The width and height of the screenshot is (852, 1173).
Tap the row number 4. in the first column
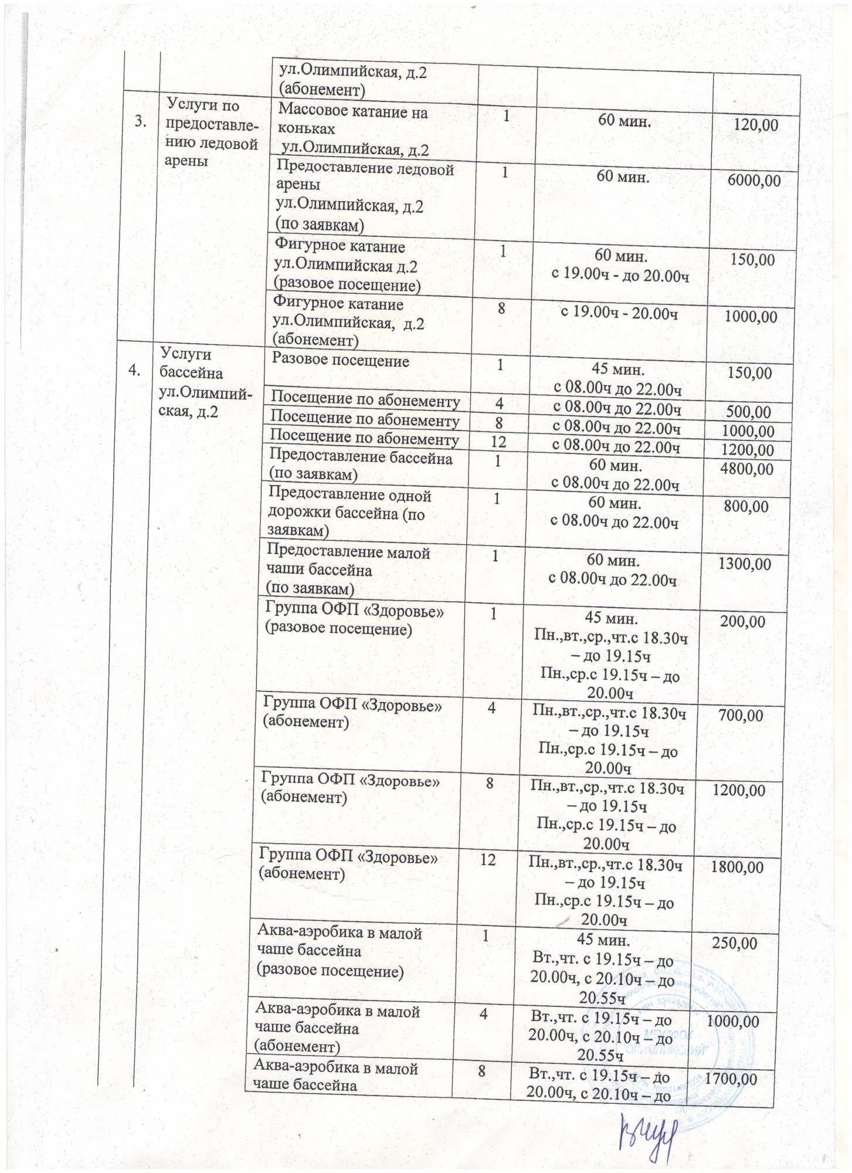click(x=135, y=369)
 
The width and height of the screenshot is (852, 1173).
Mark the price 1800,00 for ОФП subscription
click(x=736, y=867)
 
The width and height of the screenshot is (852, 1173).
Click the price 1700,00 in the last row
click(x=731, y=1079)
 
